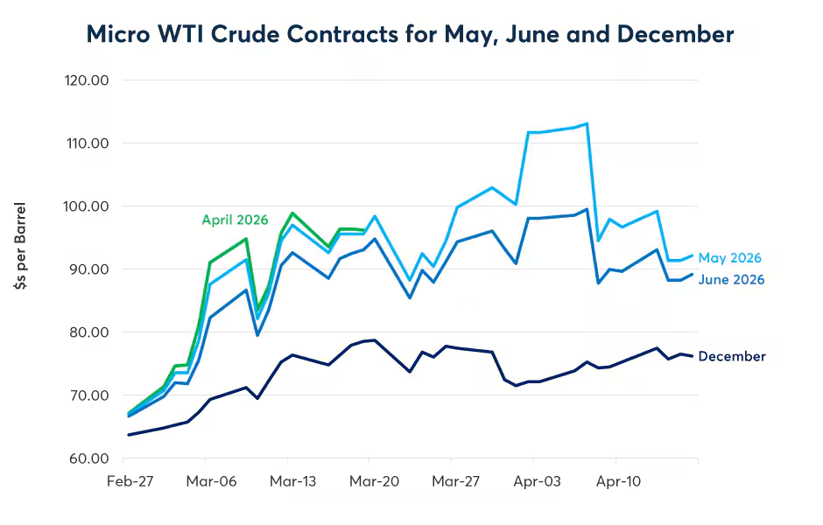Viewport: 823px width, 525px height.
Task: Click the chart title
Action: click(410, 35)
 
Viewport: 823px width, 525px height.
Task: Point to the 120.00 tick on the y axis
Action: click(87, 80)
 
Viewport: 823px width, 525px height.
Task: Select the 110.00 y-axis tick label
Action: click(87, 143)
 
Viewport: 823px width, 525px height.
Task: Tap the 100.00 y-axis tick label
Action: click(87, 206)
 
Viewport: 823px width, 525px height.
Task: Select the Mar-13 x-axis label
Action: click(287, 480)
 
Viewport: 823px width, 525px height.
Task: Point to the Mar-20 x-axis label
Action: click(369, 480)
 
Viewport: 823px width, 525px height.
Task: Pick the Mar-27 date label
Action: click(451, 480)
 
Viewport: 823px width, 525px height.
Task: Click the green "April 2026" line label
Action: click(235, 220)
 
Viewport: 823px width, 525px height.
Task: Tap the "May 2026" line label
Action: click(729, 258)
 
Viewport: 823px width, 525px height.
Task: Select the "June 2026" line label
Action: click(731, 280)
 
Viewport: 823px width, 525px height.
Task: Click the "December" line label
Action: click(732, 356)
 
